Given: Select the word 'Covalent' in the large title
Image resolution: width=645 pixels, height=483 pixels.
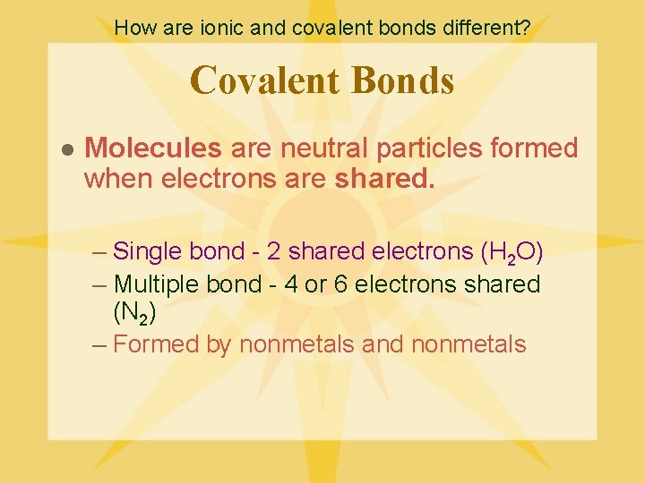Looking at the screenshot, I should pos(266,80).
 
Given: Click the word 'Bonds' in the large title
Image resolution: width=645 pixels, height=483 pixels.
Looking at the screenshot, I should pos(404,80).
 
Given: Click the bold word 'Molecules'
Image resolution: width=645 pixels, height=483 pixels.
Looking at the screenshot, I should pos(152,148).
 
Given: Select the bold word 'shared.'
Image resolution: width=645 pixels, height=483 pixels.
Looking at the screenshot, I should pos(384,179).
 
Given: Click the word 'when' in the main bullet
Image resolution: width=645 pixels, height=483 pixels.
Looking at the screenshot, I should pos(119,179).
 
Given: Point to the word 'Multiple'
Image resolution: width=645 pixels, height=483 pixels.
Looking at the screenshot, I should pos(158,284).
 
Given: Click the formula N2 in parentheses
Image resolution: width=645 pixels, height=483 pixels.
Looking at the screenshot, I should pos(134,314).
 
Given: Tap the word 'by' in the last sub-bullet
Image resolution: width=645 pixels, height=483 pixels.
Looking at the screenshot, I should pos(219,344).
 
